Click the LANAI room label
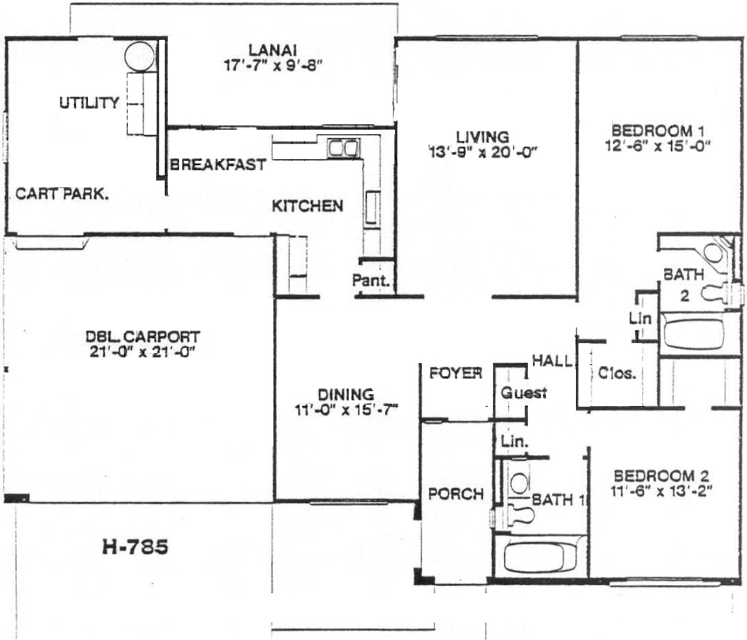tap(273, 49)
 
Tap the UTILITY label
tap(89, 102)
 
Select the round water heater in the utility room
tap(140, 56)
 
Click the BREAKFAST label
tap(218, 164)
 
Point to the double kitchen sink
tap(343, 148)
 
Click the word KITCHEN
tap(307, 206)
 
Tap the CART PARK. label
tap(62, 194)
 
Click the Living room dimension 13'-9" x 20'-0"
tap(482, 152)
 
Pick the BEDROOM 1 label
tap(658, 130)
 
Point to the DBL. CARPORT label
tap(142, 337)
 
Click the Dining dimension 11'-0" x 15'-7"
tap(346, 410)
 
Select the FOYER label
tap(456, 373)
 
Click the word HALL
tap(552, 361)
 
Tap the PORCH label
tap(456, 494)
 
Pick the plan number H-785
tap(135, 546)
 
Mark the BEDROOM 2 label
tap(662, 476)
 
